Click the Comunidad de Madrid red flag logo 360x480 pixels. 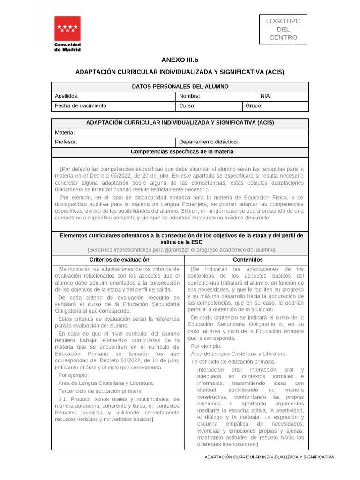67,29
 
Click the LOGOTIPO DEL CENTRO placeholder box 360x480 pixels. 283,29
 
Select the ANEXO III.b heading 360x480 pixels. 180,60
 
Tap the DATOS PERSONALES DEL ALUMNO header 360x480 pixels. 180,87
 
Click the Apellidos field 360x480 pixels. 112,96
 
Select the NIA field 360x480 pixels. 283,96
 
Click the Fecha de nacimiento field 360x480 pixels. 112,106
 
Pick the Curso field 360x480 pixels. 209,106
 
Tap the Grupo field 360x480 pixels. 275,106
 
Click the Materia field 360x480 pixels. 180,133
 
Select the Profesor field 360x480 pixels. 112,142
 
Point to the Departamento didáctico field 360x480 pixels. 242,142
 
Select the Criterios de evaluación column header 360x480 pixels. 119,260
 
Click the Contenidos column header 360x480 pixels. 247,260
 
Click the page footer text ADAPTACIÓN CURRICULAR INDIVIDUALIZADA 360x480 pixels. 269,457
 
